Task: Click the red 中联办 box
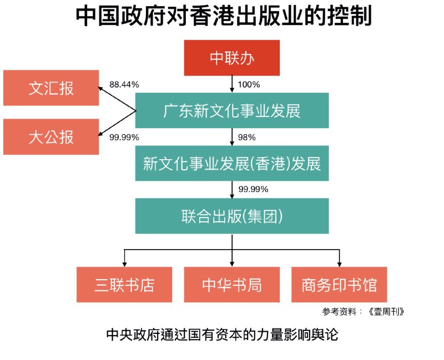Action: pyautogui.click(x=232, y=58)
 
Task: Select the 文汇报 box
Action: pyautogui.click(x=51, y=88)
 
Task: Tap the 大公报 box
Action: pyautogui.click(x=51, y=136)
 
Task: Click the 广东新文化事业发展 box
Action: pyautogui.click(x=232, y=110)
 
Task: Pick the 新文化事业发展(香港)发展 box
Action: pyautogui.click(x=232, y=164)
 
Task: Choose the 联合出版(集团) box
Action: pyautogui.click(x=232, y=216)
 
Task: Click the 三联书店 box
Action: pyautogui.click(x=124, y=285)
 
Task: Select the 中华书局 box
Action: pyautogui.click(x=232, y=285)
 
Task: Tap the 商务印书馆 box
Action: pyautogui.click(x=339, y=285)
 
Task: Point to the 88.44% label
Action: pyautogui.click(x=124, y=84)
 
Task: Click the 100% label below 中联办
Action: pyautogui.click(x=249, y=84)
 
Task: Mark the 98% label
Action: pyautogui.click(x=246, y=137)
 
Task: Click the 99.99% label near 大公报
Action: pyautogui.click(x=124, y=137)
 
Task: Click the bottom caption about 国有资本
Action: pyautogui.click(x=222, y=335)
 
